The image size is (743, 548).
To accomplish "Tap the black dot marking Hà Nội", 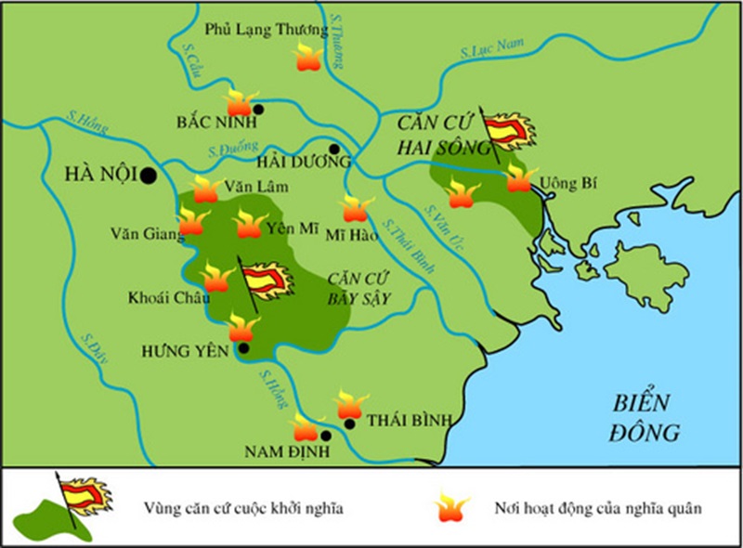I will click(x=149, y=174).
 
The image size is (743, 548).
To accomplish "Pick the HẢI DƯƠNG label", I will click(x=300, y=161).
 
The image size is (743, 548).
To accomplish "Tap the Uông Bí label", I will click(x=565, y=181).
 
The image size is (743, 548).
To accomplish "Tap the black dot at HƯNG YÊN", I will click(x=243, y=348).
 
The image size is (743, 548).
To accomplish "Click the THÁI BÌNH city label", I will click(x=409, y=421).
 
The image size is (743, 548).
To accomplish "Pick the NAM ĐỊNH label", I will click(x=281, y=452).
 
